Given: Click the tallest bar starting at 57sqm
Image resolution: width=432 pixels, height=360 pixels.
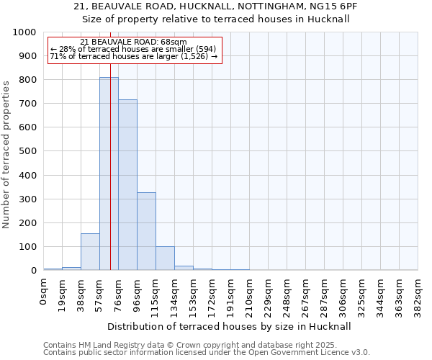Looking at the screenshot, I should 109,174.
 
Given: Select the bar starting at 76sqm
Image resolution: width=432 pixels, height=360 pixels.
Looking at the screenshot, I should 127,185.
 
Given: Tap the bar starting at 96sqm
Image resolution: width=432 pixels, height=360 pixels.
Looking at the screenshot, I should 146,231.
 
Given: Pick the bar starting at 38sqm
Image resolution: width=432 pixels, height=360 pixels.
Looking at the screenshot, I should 90,252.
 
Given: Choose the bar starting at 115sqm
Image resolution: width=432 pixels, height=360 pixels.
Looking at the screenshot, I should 165,258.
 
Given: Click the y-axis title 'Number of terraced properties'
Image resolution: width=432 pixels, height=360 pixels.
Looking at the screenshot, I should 6,154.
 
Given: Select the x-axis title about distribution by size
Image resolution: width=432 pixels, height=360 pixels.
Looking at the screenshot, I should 229,326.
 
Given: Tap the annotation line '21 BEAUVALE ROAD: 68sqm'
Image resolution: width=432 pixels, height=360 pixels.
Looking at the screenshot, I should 134,42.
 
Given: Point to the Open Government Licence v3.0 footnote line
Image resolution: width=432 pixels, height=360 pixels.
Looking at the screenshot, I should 207,353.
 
